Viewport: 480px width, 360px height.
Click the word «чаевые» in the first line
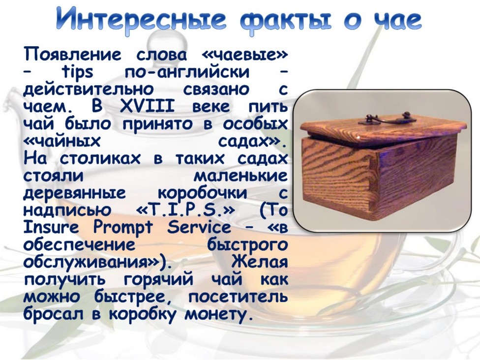pos(245,55)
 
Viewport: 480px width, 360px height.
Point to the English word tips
pos(77,73)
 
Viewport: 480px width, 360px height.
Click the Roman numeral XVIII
pos(147,107)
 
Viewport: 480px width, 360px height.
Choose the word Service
pos(199,227)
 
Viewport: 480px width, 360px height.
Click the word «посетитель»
pos(238,297)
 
